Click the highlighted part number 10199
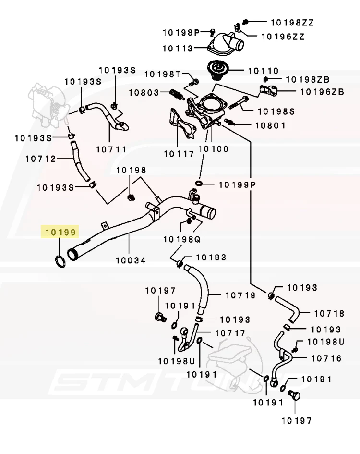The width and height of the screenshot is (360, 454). (x=60, y=233)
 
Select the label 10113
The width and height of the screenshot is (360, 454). (x=178, y=49)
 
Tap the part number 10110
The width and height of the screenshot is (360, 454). (x=263, y=71)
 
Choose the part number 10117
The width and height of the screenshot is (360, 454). (x=179, y=154)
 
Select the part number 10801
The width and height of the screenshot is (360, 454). (x=270, y=125)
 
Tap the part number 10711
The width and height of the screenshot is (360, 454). (x=111, y=149)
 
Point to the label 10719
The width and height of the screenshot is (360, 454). (x=240, y=295)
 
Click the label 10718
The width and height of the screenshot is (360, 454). (x=329, y=313)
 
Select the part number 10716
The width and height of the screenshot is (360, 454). (x=326, y=358)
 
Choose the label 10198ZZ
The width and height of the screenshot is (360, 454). (x=292, y=22)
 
